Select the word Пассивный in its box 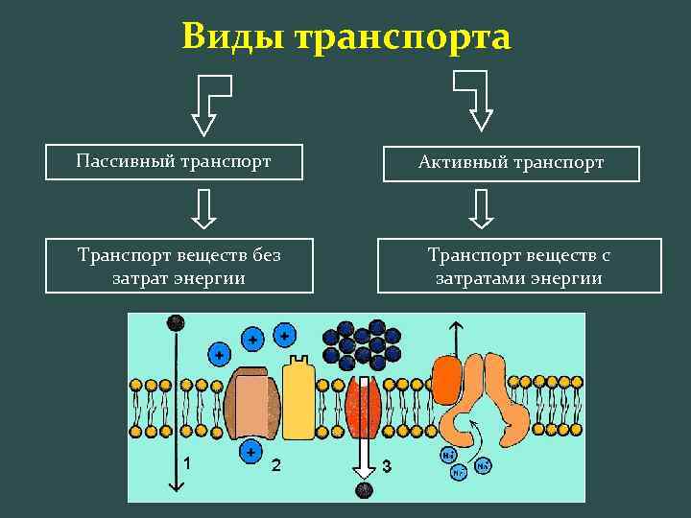(123, 161)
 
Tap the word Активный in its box (463, 163)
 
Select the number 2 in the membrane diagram (276, 465)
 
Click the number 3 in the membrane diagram (387, 466)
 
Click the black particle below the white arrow (363, 490)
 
